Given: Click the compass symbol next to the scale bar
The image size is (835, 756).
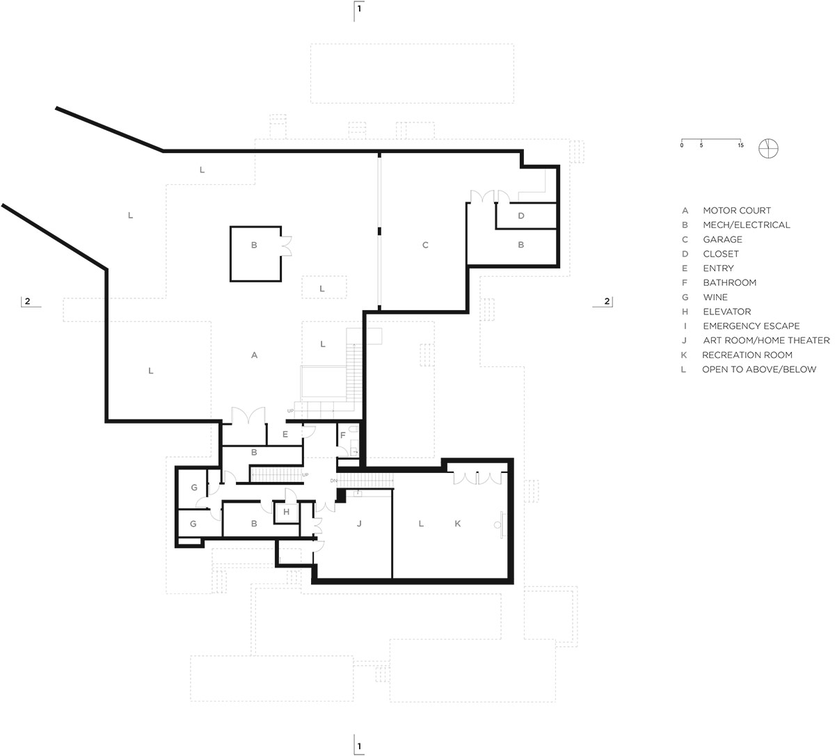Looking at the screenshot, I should click(x=769, y=148).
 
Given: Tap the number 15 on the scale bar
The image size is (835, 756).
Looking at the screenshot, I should click(x=740, y=145).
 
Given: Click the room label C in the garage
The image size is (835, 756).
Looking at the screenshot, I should click(x=425, y=245).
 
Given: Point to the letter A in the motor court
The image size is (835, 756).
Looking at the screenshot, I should click(x=255, y=355).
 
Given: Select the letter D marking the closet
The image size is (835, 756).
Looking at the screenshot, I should click(x=521, y=216).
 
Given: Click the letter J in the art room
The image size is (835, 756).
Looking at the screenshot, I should click(x=359, y=523).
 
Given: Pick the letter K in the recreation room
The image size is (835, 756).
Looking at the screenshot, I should click(x=458, y=523).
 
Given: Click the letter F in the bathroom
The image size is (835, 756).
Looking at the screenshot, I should click(x=343, y=435).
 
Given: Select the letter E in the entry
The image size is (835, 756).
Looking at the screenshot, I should click(x=285, y=434).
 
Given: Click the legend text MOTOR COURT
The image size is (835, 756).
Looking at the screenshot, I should click(x=736, y=210).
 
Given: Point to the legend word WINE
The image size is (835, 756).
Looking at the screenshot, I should click(x=715, y=297).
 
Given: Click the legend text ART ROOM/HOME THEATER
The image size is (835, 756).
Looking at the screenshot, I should click(x=766, y=340).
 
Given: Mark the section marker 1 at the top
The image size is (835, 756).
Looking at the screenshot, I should click(x=359, y=9).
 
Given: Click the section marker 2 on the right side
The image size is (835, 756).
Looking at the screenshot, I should click(x=606, y=301).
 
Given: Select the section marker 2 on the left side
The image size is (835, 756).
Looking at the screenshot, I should click(x=27, y=301).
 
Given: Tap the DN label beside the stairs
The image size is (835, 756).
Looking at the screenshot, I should click(x=333, y=481).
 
